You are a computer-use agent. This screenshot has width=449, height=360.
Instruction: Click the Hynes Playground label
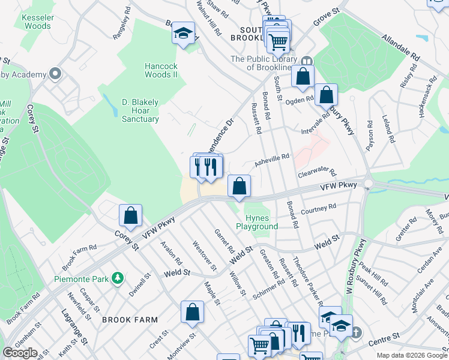tap(257, 222)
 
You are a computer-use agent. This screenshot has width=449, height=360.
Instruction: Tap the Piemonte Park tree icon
tap(119, 278)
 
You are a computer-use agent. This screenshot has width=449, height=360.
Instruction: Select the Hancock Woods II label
tap(161, 70)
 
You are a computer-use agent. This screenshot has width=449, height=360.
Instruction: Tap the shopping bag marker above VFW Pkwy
tap(239, 187)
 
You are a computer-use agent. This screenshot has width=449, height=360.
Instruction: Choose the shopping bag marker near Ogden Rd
tap(326, 95)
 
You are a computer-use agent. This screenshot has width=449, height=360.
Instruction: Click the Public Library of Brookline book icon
tap(307, 61)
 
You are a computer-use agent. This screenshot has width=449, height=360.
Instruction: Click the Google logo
tap(20, 353)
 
